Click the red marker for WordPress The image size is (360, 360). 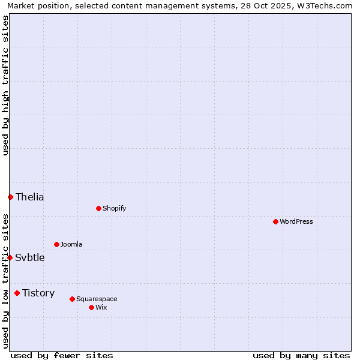(x=275, y=221)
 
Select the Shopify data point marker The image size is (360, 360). (x=98, y=208)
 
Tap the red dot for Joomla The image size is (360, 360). (x=56, y=244)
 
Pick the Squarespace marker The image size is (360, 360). (x=72, y=299)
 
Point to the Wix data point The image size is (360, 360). (x=91, y=307)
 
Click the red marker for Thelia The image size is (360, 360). (x=10, y=197)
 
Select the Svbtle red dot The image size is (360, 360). (x=10, y=257)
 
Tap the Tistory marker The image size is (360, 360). (x=17, y=293)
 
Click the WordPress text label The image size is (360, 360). (x=296, y=221)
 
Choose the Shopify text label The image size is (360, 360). (x=114, y=208)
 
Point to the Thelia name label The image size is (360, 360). (x=30, y=197)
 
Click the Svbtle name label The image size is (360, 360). (x=30, y=257)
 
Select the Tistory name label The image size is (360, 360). (x=38, y=293)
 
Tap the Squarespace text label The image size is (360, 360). (x=97, y=299)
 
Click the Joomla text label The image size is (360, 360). (x=71, y=244)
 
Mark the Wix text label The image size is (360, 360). (x=101, y=307)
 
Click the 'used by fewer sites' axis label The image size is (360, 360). (x=62, y=355)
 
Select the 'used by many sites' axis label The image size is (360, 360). (x=301, y=355)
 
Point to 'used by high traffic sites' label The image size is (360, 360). (x=5, y=85)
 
